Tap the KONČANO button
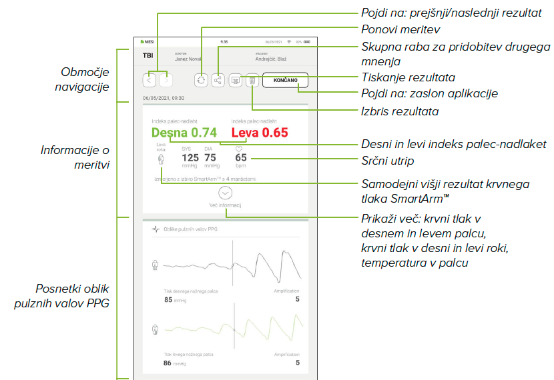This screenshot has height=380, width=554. click(x=286, y=80)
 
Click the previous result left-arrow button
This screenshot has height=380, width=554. click(x=150, y=80)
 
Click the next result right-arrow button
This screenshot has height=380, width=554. click(x=166, y=80)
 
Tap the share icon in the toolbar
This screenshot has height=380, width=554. click(x=218, y=80)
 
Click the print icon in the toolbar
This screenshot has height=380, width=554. click(x=236, y=80)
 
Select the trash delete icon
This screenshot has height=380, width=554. click(x=252, y=80)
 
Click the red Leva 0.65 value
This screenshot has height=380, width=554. click(x=260, y=133)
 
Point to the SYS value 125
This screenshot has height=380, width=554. click(x=190, y=158)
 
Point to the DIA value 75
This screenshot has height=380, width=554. click(x=210, y=158)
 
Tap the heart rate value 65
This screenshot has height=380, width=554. click(x=241, y=158)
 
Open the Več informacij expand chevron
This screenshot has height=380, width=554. click(x=225, y=192)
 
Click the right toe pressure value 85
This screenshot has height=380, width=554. click(x=169, y=299)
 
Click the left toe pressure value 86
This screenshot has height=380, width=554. click(x=169, y=363)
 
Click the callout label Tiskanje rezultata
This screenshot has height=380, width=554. click(x=408, y=78)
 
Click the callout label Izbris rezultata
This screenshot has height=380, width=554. click(x=400, y=111)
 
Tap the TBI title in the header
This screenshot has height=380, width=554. click(x=148, y=56)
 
